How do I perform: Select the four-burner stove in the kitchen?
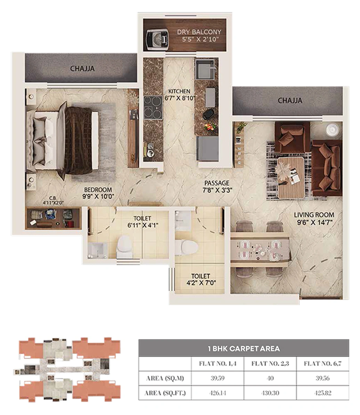153,107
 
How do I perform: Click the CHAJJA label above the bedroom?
82,68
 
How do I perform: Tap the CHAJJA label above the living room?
290,101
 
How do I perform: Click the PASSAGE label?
216,183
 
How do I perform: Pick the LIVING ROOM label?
314,215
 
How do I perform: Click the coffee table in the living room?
291,177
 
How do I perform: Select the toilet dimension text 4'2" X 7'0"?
200,282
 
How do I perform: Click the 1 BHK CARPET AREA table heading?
244,348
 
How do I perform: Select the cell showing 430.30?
270,393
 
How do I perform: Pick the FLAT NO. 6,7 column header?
322,364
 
